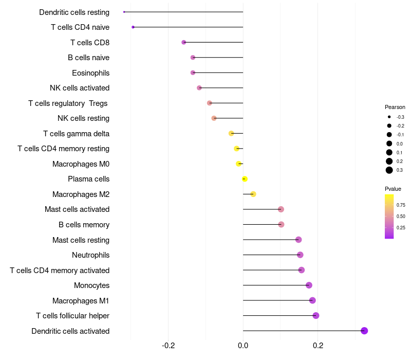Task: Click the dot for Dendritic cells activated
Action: click(x=364, y=331)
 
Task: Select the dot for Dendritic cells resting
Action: click(x=124, y=12)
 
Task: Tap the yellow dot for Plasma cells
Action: click(x=245, y=179)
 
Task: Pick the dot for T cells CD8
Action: click(x=184, y=42)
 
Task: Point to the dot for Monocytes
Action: click(x=309, y=285)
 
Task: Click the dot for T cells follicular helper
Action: click(x=316, y=316)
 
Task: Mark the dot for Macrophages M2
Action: click(x=253, y=194)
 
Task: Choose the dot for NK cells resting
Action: click(x=214, y=118)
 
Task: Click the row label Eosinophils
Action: click(x=90, y=73)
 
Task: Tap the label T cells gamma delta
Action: click(x=76, y=134)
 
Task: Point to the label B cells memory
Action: click(x=84, y=225)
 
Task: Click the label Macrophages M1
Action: click(x=81, y=301)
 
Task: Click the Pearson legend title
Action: click(x=395, y=107)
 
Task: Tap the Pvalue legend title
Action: click(x=393, y=189)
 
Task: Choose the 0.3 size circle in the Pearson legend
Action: click(x=389, y=170)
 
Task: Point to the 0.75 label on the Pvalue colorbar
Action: click(x=401, y=205)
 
